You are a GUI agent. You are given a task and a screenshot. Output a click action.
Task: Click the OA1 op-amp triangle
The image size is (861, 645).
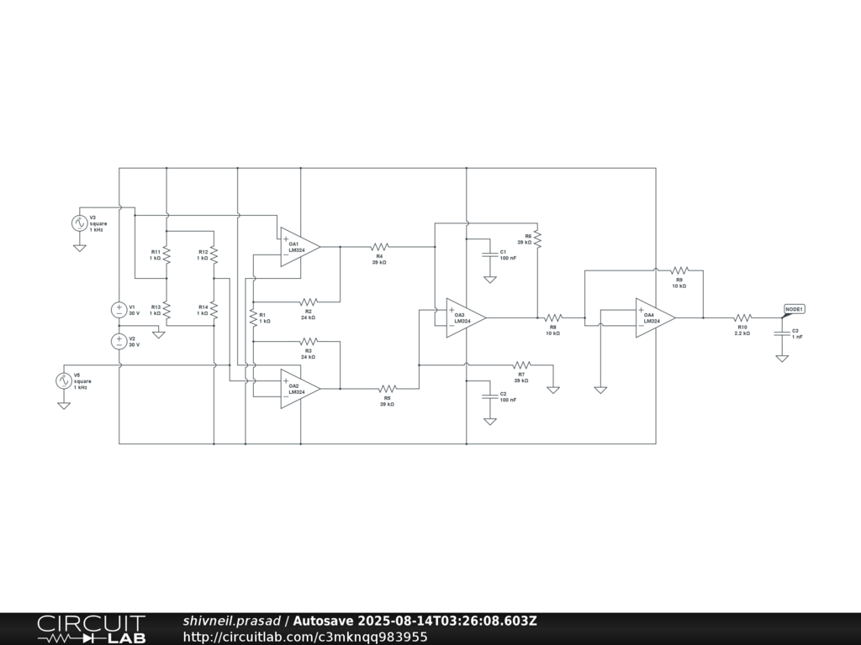tap(298, 247)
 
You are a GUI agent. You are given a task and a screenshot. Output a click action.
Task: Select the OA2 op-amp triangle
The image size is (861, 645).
tap(298, 389)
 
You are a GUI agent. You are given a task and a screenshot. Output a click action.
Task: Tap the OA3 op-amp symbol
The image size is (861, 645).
tap(464, 317)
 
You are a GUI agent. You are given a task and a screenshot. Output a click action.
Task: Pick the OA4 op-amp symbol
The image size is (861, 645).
tap(654, 317)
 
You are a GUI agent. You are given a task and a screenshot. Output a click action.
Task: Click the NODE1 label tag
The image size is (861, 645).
tap(795, 309)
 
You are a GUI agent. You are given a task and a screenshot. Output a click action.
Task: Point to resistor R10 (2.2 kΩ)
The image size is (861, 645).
tap(742, 318)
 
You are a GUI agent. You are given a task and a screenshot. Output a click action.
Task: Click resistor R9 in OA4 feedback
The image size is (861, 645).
tap(679, 270)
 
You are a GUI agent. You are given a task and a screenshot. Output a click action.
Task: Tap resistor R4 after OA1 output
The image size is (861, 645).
tap(378, 247)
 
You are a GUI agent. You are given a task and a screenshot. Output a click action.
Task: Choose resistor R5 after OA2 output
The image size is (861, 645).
tap(387, 389)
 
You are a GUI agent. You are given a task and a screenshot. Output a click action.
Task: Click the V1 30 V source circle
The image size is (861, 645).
tap(119, 310)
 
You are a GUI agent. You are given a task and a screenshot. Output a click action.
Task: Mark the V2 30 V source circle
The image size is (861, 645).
tap(119, 341)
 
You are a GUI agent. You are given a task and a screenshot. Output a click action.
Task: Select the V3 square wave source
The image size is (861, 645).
tap(80, 223)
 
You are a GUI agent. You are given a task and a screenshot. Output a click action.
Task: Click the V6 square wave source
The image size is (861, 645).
tap(63, 380)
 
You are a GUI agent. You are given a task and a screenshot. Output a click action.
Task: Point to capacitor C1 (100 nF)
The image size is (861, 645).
tap(489, 254)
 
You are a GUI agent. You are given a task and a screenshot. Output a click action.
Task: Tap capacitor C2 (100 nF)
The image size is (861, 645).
tap(489, 396)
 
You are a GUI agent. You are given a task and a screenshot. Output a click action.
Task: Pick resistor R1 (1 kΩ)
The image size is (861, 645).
tap(252, 318)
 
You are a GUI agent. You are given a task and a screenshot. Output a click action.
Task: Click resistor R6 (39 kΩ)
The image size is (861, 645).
tap(537, 239)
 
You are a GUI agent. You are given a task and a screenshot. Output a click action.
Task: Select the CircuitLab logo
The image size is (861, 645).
tap(91, 629)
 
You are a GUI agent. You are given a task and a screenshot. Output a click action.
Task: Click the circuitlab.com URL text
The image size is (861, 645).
tap(304, 637)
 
